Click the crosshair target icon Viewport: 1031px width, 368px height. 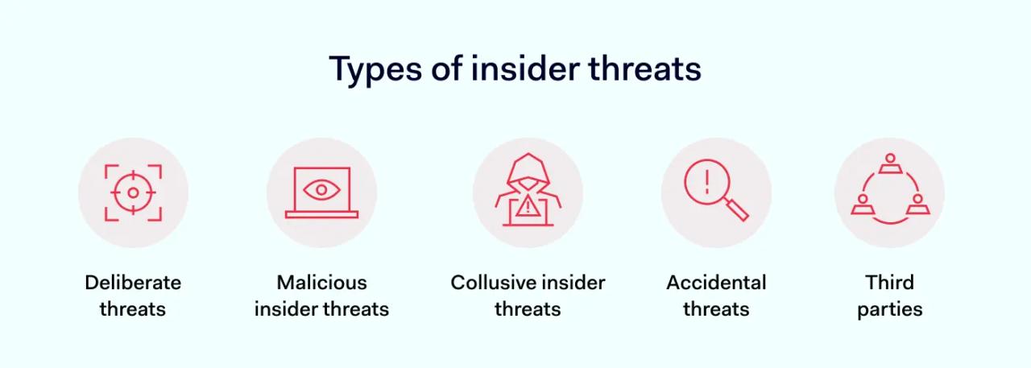[133, 192]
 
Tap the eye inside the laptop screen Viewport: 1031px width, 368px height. [321, 191]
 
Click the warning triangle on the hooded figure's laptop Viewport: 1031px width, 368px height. [528, 208]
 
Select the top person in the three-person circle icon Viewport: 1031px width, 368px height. [890, 163]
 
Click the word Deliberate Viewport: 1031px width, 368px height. [133, 283]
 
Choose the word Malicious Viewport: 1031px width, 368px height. [321, 283]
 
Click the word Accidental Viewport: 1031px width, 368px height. [716, 283]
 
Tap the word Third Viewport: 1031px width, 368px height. [890, 283]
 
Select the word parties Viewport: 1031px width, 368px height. [890, 309]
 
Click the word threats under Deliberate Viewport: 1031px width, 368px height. [133, 309]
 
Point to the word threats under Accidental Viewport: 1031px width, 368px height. [716, 309]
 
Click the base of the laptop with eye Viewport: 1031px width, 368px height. [321, 215]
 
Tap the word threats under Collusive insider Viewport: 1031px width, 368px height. [528, 309]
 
